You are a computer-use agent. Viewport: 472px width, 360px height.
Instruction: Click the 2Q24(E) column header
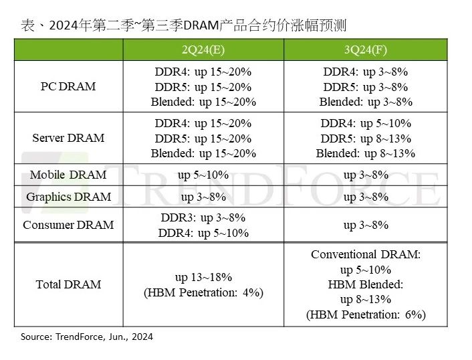pos(203,50)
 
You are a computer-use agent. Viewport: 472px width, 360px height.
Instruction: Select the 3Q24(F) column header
pos(365,50)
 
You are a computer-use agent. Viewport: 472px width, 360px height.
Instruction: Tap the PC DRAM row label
pos(68,86)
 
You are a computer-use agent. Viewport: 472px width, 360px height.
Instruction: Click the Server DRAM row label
pos(68,138)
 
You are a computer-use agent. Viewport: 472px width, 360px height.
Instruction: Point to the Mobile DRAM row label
pos(68,175)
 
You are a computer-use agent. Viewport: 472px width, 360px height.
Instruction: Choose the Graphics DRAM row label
pos(68,197)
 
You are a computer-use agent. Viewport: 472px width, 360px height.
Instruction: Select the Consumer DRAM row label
pos(68,225)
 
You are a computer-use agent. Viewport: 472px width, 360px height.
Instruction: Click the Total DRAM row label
pos(68,284)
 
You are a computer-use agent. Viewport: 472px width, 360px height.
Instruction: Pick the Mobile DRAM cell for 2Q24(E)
pos(203,175)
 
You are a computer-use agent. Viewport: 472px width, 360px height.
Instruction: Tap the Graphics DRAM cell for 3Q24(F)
pos(365,197)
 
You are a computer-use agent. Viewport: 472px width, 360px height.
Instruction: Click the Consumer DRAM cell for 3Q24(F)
pos(365,225)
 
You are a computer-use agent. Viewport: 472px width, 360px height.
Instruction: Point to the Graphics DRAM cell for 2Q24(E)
pos(203,197)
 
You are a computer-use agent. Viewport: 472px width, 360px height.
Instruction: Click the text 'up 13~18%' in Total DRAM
pos(203,277)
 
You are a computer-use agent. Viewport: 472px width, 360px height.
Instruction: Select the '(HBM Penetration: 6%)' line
pos(365,314)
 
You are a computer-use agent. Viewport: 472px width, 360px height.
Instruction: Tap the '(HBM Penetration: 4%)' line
pos(203,292)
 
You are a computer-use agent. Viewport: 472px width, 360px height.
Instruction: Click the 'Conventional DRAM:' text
pos(365,254)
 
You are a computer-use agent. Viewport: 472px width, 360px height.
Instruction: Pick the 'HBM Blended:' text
pos(365,284)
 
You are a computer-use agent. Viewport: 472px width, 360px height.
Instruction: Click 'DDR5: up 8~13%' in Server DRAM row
pos(365,139)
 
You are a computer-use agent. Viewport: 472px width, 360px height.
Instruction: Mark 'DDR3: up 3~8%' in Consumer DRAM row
pos(203,217)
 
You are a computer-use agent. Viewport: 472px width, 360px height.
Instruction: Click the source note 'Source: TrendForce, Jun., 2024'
pos(87,337)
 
